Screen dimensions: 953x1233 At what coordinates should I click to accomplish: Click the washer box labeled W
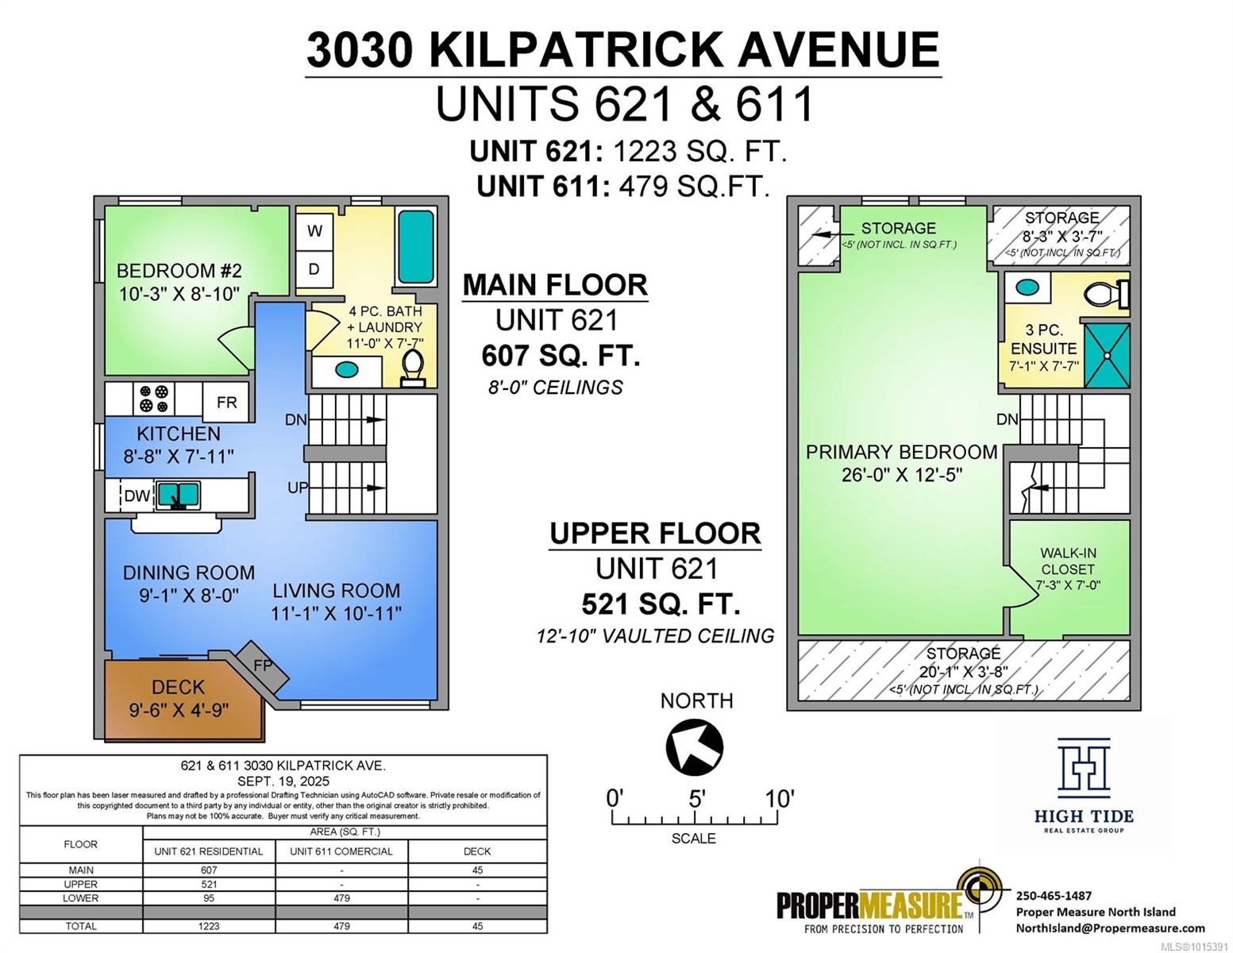pyautogui.click(x=314, y=231)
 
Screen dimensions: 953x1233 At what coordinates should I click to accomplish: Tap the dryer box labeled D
pyautogui.click(x=314, y=269)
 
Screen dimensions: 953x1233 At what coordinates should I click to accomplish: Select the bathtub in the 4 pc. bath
pyautogui.click(x=415, y=246)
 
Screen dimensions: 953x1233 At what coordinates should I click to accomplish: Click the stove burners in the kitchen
pyautogui.click(x=153, y=399)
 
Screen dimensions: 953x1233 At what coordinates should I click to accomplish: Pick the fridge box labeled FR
pyautogui.click(x=226, y=402)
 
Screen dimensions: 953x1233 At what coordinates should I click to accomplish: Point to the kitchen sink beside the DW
pyautogui.click(x=178, y=496)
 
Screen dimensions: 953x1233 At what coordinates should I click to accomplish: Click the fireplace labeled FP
pyautogui.click(x=262, y=666)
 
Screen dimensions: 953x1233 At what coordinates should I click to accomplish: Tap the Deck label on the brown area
pyautogui.click(x=179, y=687)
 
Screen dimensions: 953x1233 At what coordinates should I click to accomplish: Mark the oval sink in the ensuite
pyautogui.click(x=1027, y=287)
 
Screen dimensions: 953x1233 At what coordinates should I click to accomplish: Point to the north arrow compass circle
pyautogui.click(x=695, y=747)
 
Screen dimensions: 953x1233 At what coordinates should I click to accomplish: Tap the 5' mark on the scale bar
pyautogui.click(x=696, y=799)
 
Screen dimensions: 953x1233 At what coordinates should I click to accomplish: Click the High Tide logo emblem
pyautogui.click(x=1084, y=766)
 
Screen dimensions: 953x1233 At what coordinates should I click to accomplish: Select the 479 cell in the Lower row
pyautogui.click(x=341, y=898)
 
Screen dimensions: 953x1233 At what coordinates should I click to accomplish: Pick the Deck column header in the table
pyautogui.click(x=477, y=851)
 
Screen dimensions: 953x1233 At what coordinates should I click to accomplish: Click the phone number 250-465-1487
pyautogui.click(x=1054, y=895)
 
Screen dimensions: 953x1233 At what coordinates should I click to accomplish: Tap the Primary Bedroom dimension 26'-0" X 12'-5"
pyautogui.click(x=901, y=475)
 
